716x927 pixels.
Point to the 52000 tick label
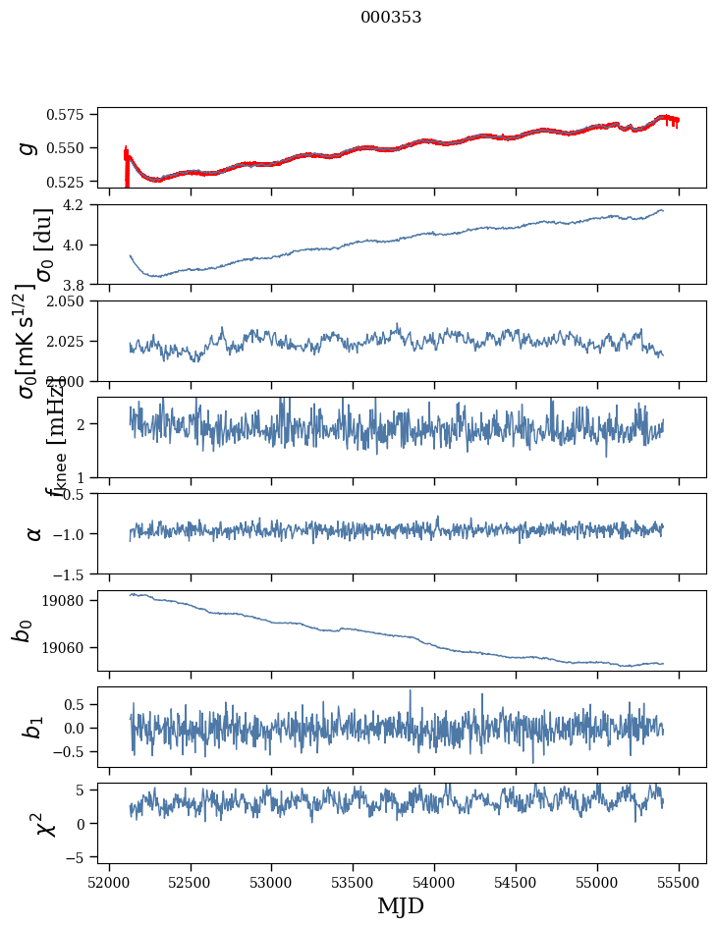pyautogui.click(x=109, y=881)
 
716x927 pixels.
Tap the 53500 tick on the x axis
pyautogui.click(x=354, y=881)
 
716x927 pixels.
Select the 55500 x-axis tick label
pyautogui.click(x=680, y=881)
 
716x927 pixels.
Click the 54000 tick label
pyautogui.click(x=435, y=881)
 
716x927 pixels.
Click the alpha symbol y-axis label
pyautogui.click(x=33, y=533)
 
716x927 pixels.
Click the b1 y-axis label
pyautogui.click(x=33, y=727)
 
